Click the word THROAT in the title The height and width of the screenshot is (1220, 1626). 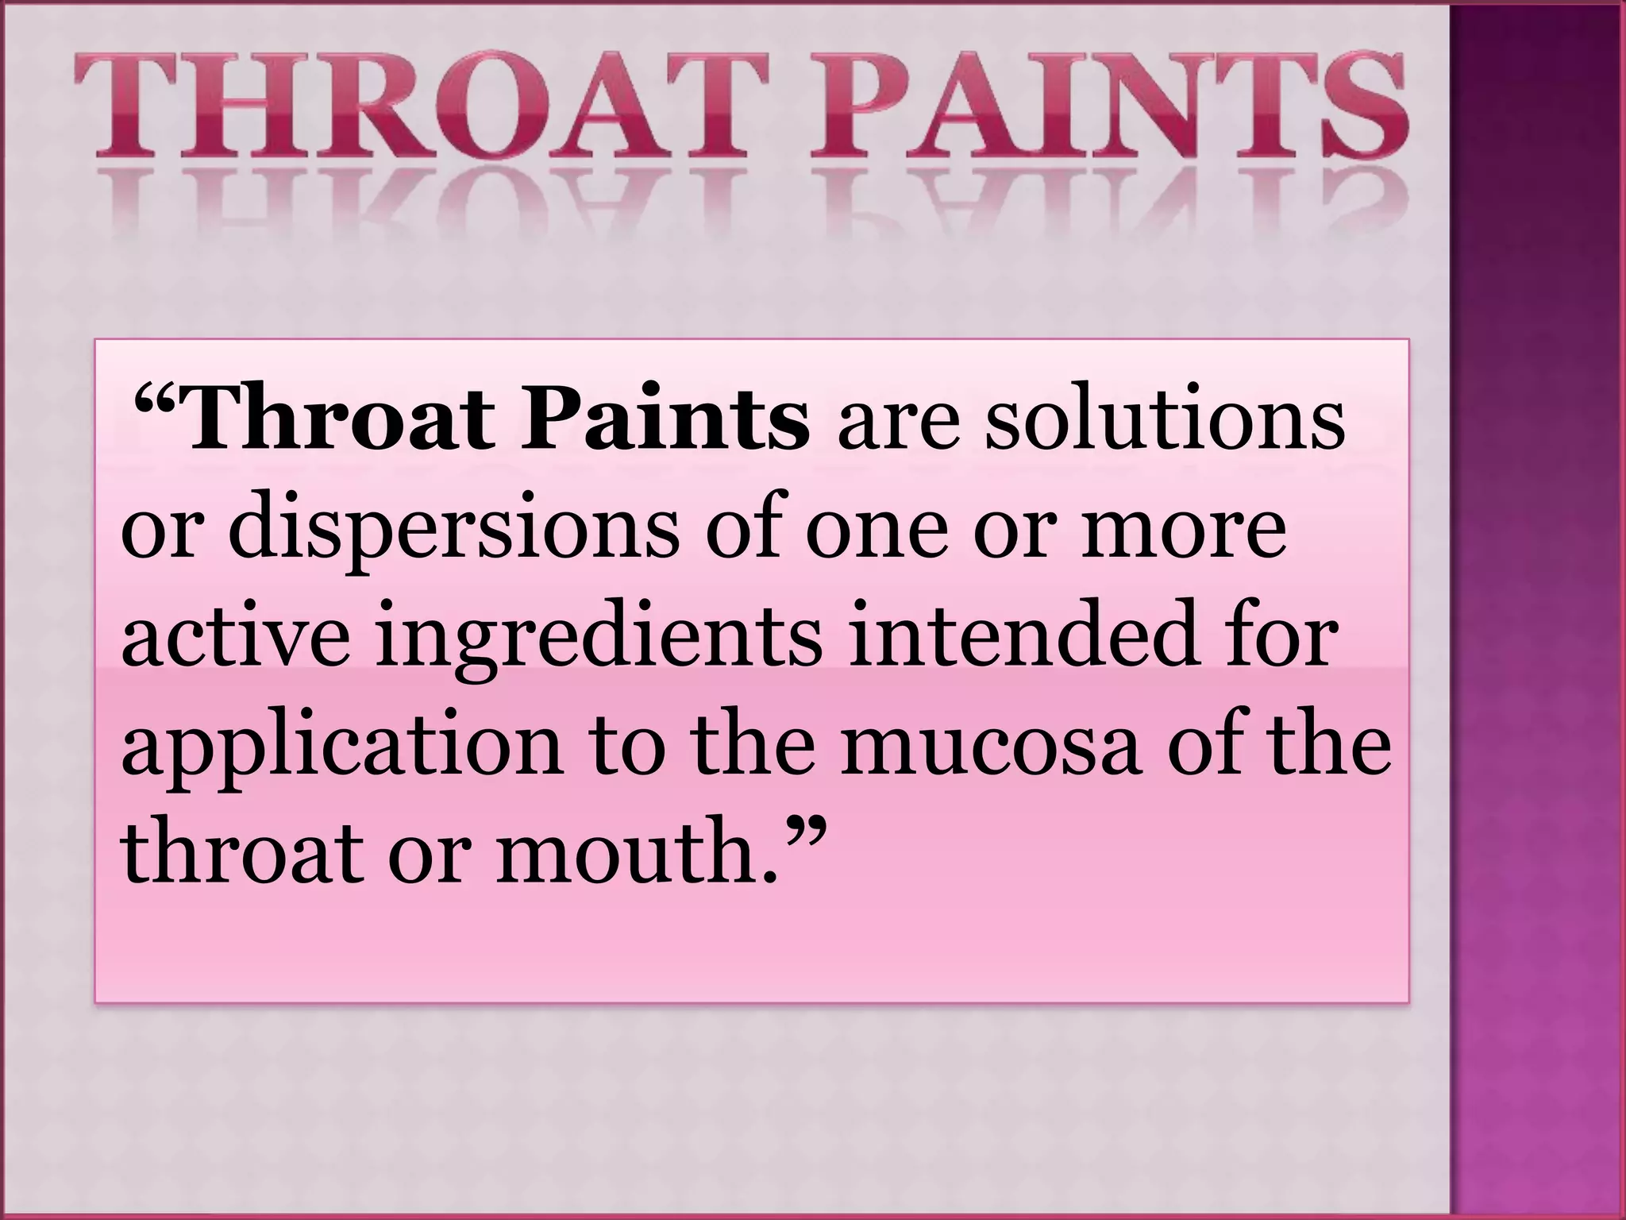pos(421,111)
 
